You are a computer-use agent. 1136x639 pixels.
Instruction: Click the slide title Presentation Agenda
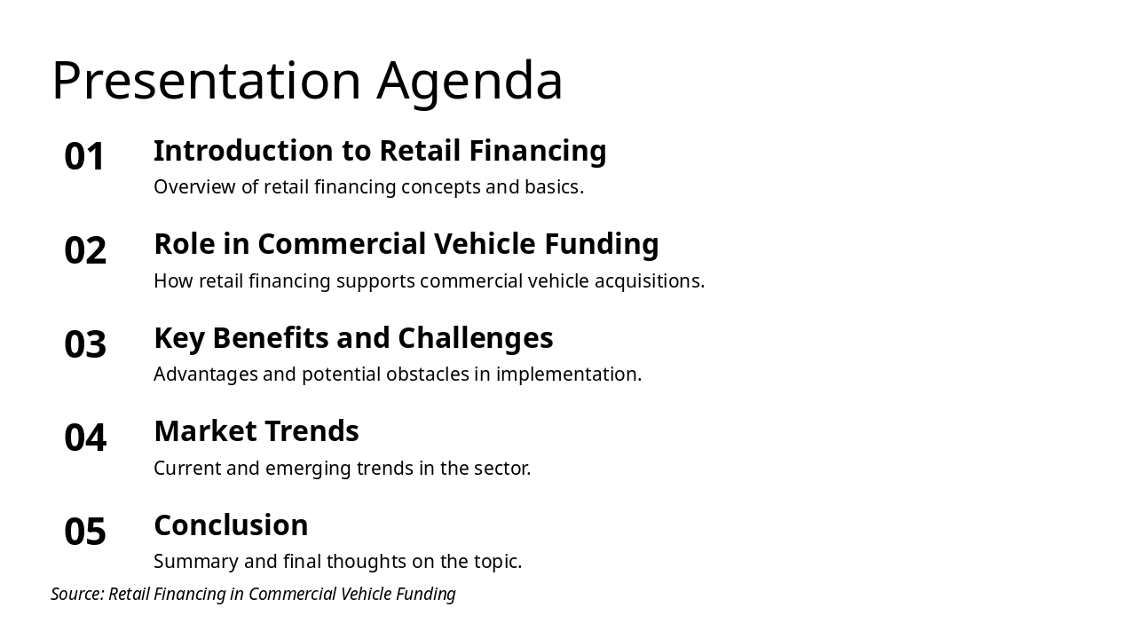[307, 81]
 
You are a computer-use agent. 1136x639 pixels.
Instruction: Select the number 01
[85, 157]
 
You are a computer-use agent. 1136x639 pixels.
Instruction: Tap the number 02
[85, 250]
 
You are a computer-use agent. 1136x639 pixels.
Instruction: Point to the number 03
[85, 344]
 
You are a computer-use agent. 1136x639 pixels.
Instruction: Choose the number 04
[85, 438]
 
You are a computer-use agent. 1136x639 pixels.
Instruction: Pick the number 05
[85, 532]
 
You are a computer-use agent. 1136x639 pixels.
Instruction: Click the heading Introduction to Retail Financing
[380, 151]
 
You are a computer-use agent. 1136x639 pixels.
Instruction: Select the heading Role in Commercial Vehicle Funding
[406, 244]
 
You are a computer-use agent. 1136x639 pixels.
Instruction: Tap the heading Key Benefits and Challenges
[353, 338]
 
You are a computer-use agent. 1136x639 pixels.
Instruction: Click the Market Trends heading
[256, 431]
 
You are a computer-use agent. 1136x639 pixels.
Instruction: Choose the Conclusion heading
[231, 525]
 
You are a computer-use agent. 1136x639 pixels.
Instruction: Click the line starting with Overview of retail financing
[368, 187]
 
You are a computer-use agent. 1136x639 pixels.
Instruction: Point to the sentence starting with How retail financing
[429, 281]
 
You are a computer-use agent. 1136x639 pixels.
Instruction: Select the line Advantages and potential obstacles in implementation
[398, 375]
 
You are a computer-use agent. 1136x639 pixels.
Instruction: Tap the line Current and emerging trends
[342, 469]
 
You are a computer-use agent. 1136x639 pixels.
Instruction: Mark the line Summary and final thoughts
[337, 562]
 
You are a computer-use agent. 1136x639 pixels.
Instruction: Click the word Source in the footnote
[76, 595]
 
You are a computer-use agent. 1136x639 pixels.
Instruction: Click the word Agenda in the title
[469, 81]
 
